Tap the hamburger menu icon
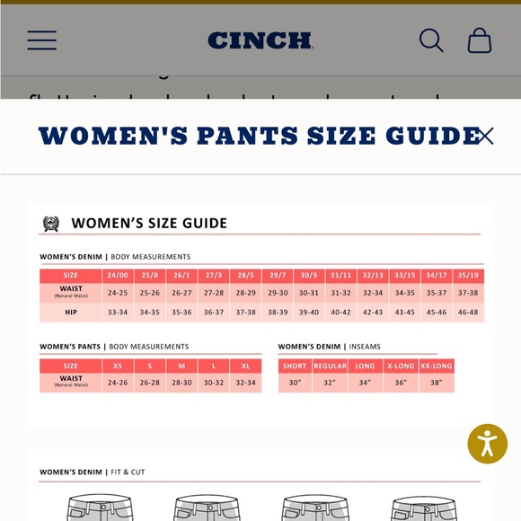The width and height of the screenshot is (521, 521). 41,40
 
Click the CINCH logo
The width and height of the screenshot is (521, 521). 260,40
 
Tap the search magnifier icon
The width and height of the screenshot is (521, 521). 431,40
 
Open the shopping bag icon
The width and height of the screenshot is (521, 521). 480,40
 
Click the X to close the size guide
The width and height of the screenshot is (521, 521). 485,136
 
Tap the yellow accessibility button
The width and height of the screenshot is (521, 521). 488,443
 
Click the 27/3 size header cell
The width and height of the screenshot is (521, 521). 214,276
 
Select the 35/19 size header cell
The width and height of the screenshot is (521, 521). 468,276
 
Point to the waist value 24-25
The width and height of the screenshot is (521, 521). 118,293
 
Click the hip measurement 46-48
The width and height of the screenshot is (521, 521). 468,313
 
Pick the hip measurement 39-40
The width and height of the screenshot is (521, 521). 309,313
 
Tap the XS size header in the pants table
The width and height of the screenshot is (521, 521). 118,366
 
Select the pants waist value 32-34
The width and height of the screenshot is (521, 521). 245,383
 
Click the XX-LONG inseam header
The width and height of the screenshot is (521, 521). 437,366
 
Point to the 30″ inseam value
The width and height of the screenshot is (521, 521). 295,383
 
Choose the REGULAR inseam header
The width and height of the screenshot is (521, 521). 330,366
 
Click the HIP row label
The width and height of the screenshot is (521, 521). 71,313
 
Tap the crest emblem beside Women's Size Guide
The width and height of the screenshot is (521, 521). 51,224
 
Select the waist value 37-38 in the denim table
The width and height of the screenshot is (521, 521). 468,293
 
